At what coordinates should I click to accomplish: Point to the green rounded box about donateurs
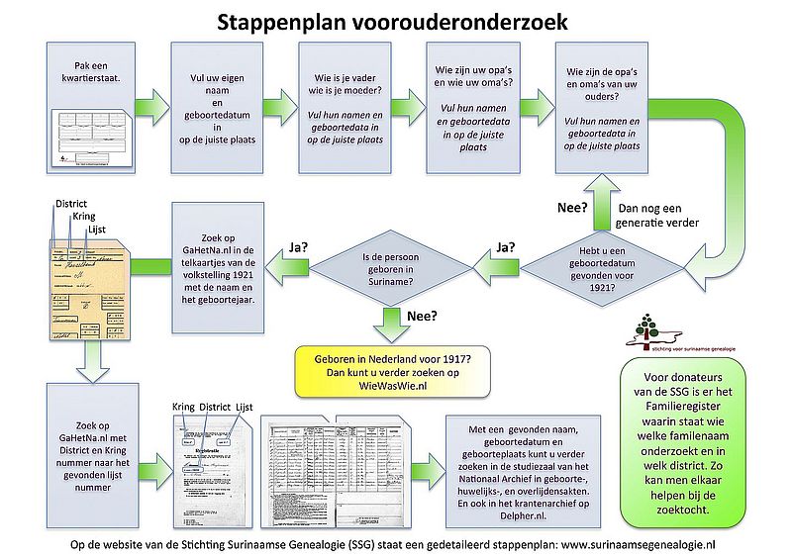[684, 435]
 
